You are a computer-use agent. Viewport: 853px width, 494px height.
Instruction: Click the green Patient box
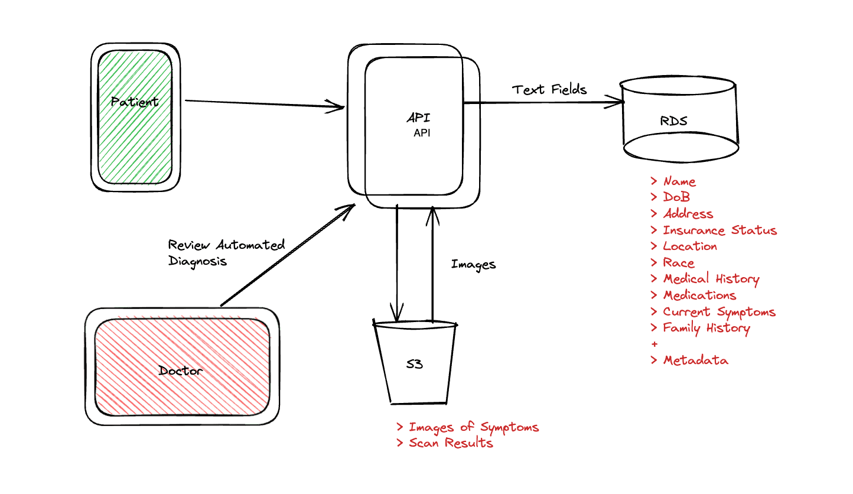click(x=135, y=117)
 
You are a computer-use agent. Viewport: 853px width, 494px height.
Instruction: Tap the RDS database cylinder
click(x=679, y=121)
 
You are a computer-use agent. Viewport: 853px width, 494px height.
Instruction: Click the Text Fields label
click(x=549, y=89)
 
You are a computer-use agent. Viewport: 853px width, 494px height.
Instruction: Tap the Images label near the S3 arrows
click(x=473, y=264)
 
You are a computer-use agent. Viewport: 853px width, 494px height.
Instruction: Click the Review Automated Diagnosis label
click(x=226, y=252)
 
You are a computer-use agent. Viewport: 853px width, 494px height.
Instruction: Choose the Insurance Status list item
click(x=719, y=230)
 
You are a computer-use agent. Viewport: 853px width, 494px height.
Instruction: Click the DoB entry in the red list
click(x=676, y=197)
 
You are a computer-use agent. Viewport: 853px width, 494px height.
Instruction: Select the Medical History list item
click(x=711, y=279)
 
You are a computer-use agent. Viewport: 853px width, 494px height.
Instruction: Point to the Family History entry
click(x=706, y=328)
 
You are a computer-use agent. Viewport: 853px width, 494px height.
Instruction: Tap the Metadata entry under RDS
click(x=695, y=360)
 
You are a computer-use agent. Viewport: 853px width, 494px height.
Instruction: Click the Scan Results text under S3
click(x=451, y=443)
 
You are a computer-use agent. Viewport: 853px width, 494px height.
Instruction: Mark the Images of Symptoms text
click(x=473, y=427)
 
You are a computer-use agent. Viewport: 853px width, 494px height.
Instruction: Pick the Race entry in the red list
click(x=678, y=263)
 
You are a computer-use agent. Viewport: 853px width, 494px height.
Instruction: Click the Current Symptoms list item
click(x=718, y=311)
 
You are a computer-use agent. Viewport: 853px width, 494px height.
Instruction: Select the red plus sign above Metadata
click(x=654, y=344)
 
